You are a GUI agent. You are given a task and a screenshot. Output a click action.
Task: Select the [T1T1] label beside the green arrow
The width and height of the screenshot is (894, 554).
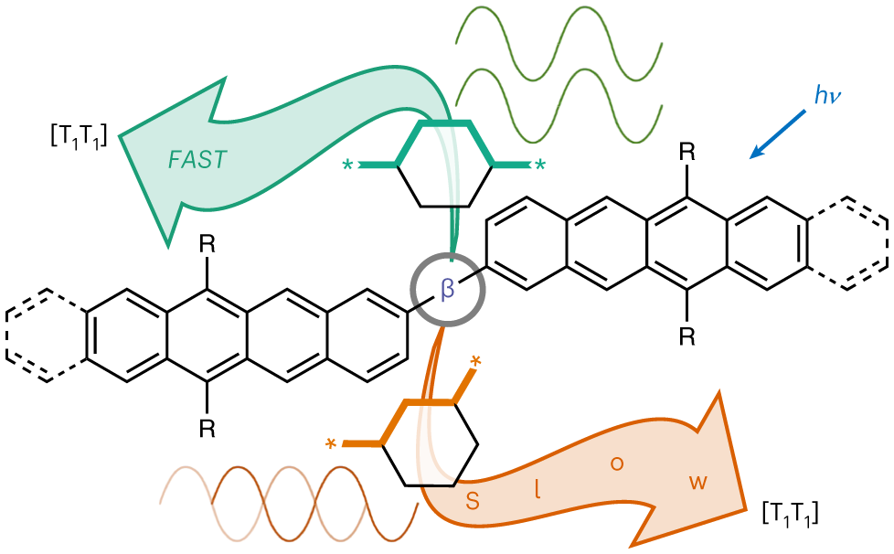[x=79, y=138]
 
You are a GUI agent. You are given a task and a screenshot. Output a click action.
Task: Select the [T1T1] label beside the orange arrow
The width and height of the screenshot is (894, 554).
[x=790, y=513]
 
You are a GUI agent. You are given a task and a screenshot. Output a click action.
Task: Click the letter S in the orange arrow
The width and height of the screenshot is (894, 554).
[x=473, y=500]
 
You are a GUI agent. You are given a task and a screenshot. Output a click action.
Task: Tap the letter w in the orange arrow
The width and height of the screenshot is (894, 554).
[x=698, y=482]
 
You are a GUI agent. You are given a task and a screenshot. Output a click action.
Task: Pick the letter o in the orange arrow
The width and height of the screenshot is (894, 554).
[x=617, y=463]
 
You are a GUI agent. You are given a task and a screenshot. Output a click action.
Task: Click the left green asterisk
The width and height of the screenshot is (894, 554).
[x=347, y=165]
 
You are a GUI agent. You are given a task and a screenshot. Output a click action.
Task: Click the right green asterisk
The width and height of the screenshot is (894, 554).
[x=540, y=165]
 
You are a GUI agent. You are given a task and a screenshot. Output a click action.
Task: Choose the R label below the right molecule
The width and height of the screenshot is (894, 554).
[x=686, y=337]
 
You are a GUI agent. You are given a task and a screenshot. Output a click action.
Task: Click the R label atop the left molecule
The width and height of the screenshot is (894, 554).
[x=208, y=244]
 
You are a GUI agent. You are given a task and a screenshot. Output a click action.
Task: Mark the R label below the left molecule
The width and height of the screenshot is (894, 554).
[x=208, y=429]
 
